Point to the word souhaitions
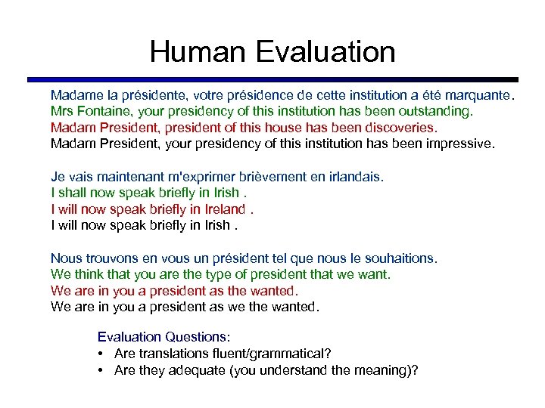coord(400,258)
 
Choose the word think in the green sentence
coord(86,274)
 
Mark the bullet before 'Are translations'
coord(101,354)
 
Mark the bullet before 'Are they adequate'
coord(101,370)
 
